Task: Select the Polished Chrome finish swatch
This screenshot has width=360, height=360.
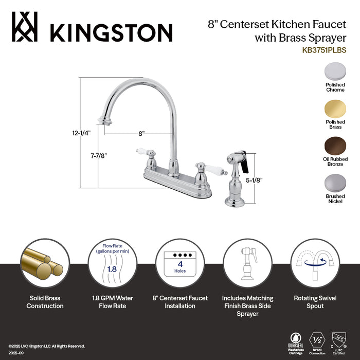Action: (x=335, y=72)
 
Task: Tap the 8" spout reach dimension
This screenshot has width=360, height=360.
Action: (x=141, y=133)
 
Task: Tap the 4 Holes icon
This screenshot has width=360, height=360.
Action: (x=180, y=263)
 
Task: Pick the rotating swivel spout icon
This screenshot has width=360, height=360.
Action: (x=315, y=263)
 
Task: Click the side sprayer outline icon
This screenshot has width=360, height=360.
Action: (x=247, y=263)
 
